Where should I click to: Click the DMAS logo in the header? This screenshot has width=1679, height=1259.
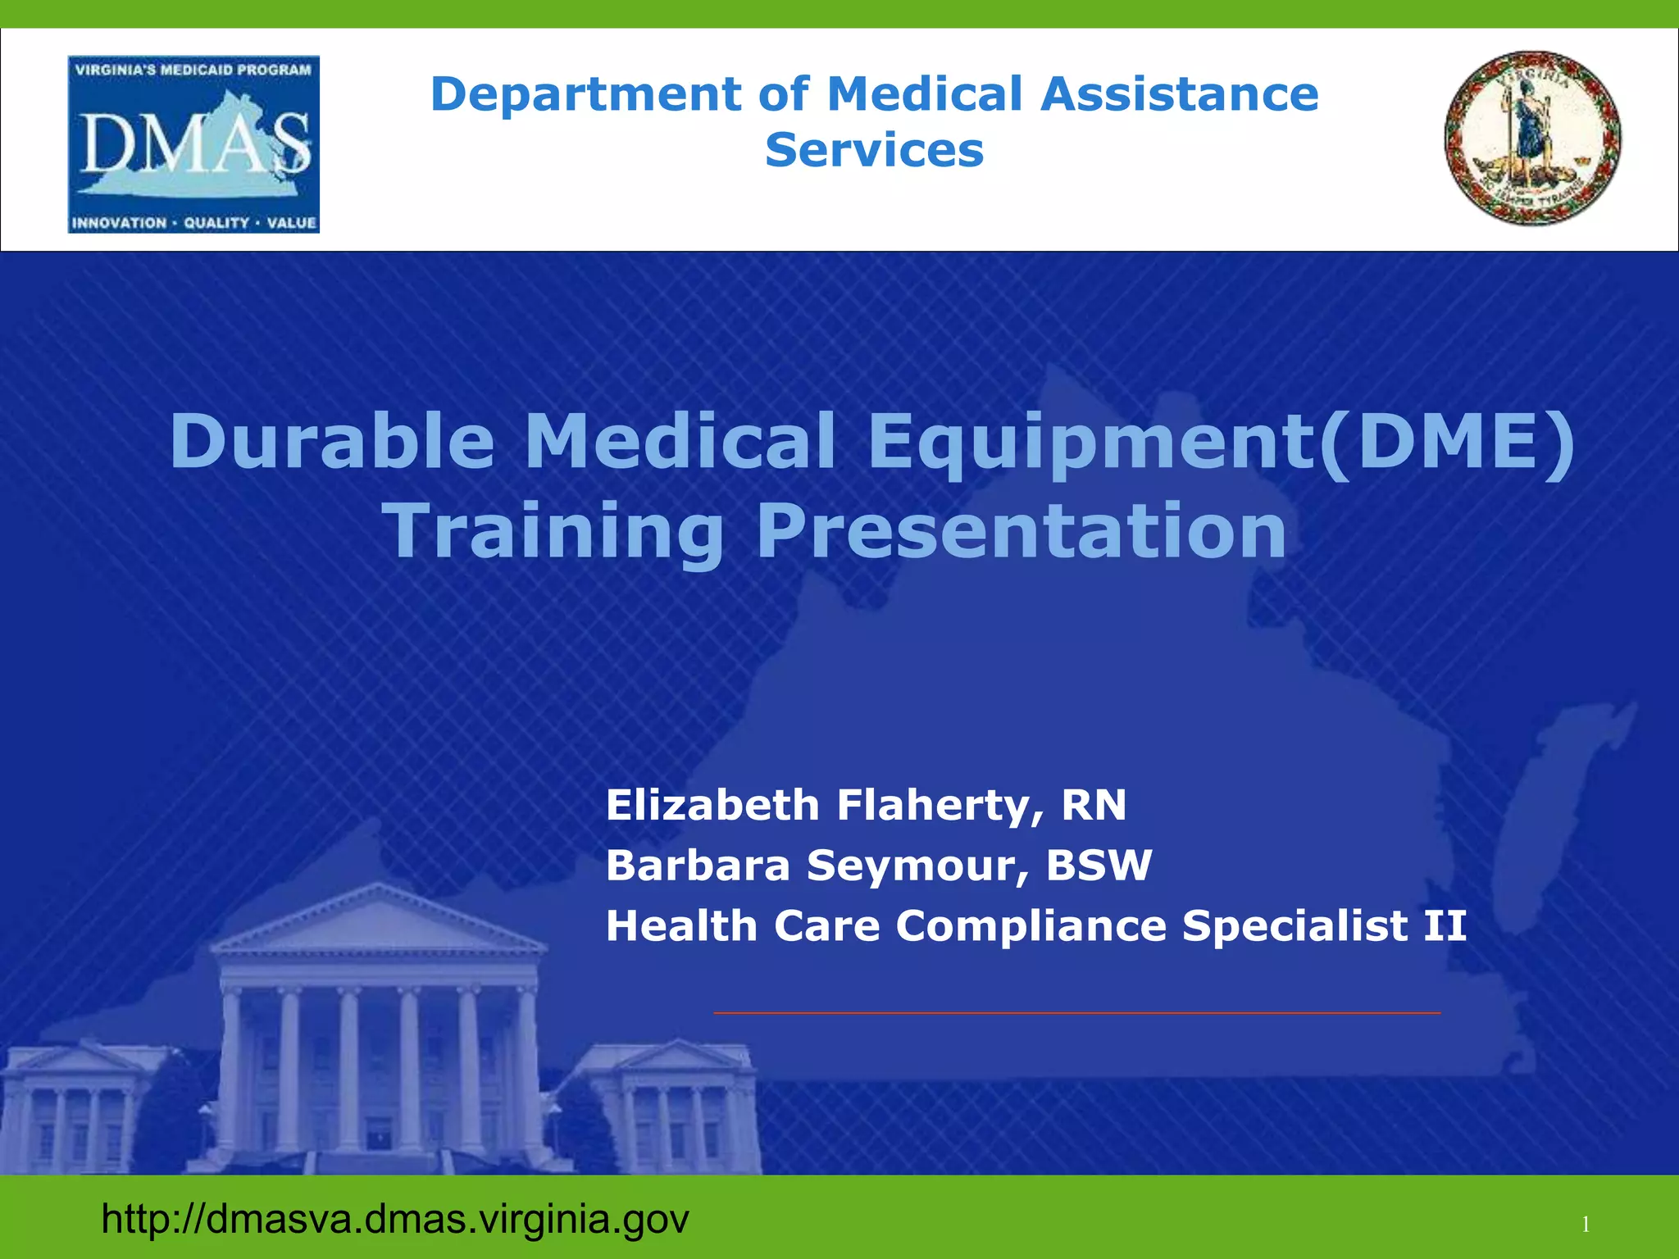point(193,144)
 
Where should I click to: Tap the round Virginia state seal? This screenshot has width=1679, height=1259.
point(1532,138)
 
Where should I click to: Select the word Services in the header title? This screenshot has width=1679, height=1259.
point(874,150)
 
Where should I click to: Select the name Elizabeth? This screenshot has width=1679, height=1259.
point(712,805)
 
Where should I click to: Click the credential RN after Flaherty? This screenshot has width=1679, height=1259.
point(1094,805)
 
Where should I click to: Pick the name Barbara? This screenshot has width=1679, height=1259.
point(698,866)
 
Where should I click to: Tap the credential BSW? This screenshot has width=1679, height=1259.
point(1099,866)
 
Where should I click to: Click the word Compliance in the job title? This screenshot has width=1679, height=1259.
point(1031,926)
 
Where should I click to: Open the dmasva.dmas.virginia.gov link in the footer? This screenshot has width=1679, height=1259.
point(395,1219)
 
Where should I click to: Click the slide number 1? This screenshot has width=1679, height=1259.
point(1586,1225)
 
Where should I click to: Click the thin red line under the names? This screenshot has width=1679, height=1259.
point(1076,1013)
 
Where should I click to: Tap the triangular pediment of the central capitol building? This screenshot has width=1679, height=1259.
point(377,918)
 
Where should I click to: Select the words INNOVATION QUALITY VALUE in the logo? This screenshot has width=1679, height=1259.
point(193,223)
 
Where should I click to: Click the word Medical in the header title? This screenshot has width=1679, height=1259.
point(925,94)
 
